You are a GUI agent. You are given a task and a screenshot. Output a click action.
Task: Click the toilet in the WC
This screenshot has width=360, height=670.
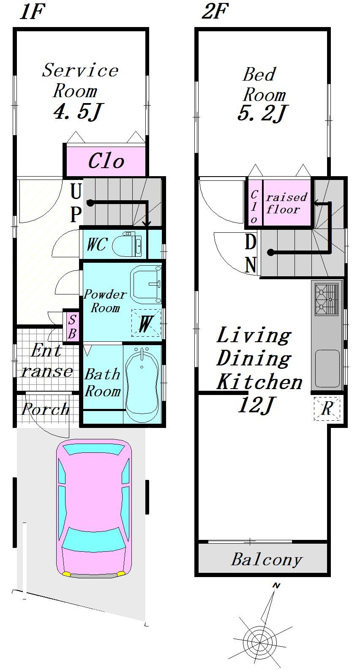127,244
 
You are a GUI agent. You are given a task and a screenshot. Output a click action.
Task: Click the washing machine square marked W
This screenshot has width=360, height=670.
146,323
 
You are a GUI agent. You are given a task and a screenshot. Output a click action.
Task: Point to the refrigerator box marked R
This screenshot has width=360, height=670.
327,408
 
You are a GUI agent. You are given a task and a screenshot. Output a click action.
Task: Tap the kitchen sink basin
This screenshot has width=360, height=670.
327,368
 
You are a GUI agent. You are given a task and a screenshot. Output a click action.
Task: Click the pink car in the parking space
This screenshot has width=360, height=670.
94,509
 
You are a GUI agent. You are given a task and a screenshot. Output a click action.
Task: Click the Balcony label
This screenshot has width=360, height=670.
267,560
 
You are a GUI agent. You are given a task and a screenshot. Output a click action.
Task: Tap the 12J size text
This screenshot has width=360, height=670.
256,406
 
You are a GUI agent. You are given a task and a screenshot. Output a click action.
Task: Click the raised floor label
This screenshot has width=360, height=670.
286,203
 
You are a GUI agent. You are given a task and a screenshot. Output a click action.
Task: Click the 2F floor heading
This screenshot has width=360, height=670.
215,11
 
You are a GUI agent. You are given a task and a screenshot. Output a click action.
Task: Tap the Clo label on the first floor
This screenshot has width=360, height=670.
106,161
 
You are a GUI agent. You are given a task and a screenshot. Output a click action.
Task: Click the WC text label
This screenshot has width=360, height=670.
96,244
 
